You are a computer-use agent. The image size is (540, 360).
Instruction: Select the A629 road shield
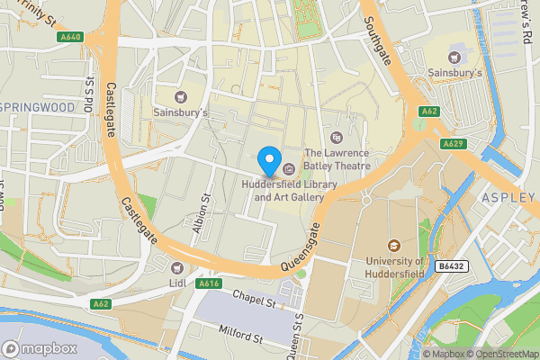(x=452, y=144)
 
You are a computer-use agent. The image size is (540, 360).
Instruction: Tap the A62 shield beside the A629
(x=428, y=112)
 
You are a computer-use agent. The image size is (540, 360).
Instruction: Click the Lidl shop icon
(x=176, y=266)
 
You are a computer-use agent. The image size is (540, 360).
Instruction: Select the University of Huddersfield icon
(x=393, y=245)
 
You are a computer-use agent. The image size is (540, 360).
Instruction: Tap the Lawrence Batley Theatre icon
(x=337, y=138)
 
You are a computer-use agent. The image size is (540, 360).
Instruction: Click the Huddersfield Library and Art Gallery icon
(x=289, y=169)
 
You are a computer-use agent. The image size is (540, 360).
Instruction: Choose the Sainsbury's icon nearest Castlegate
(x=180, y=97)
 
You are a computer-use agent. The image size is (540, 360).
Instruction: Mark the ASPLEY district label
(x=508, y=197)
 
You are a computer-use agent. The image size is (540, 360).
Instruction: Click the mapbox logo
(x=40, y=349)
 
